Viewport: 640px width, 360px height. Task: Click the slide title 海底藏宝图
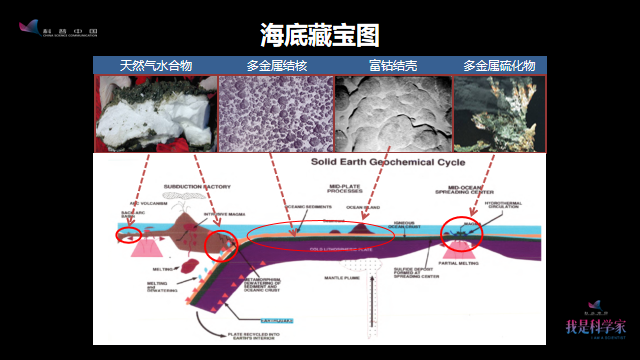click(320, 36)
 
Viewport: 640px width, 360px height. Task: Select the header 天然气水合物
click(156, 65)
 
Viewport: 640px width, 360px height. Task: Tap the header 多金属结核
click(276, 65)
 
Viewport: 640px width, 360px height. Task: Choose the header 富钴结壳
click(392, 65)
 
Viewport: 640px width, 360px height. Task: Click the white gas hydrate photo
click(155, 113)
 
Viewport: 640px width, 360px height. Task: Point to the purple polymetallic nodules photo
click(275, 113)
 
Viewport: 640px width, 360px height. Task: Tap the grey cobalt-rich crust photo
click(392, 113)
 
